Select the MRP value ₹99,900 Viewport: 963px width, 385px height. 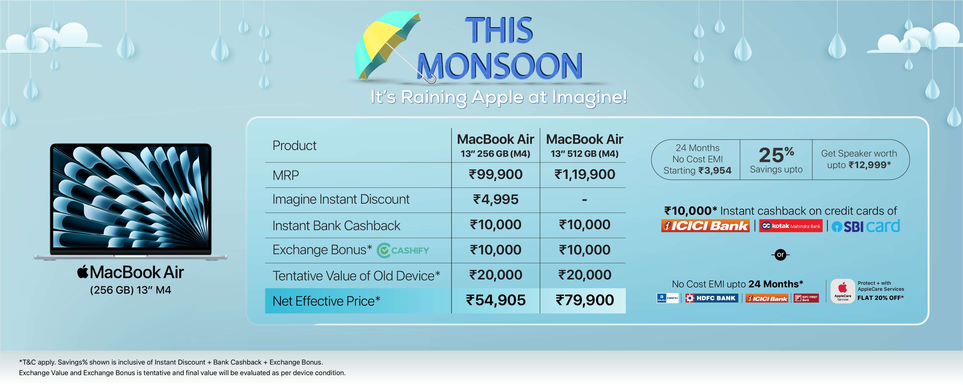(496, 174)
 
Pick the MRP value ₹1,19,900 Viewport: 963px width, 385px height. (585, 174)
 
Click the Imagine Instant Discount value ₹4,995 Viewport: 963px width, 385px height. (496, 199)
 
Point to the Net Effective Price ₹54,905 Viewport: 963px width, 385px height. (496, 300)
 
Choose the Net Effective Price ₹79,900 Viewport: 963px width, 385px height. (585, 300)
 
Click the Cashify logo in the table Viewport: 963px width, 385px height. (403, 250)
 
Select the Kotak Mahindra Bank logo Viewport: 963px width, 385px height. (791, 226)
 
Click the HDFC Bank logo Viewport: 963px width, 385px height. (712, 298)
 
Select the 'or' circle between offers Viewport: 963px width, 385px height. (781, 255)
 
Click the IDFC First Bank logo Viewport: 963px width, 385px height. (806, 298)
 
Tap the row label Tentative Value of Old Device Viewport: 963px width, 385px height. (356, 276)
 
